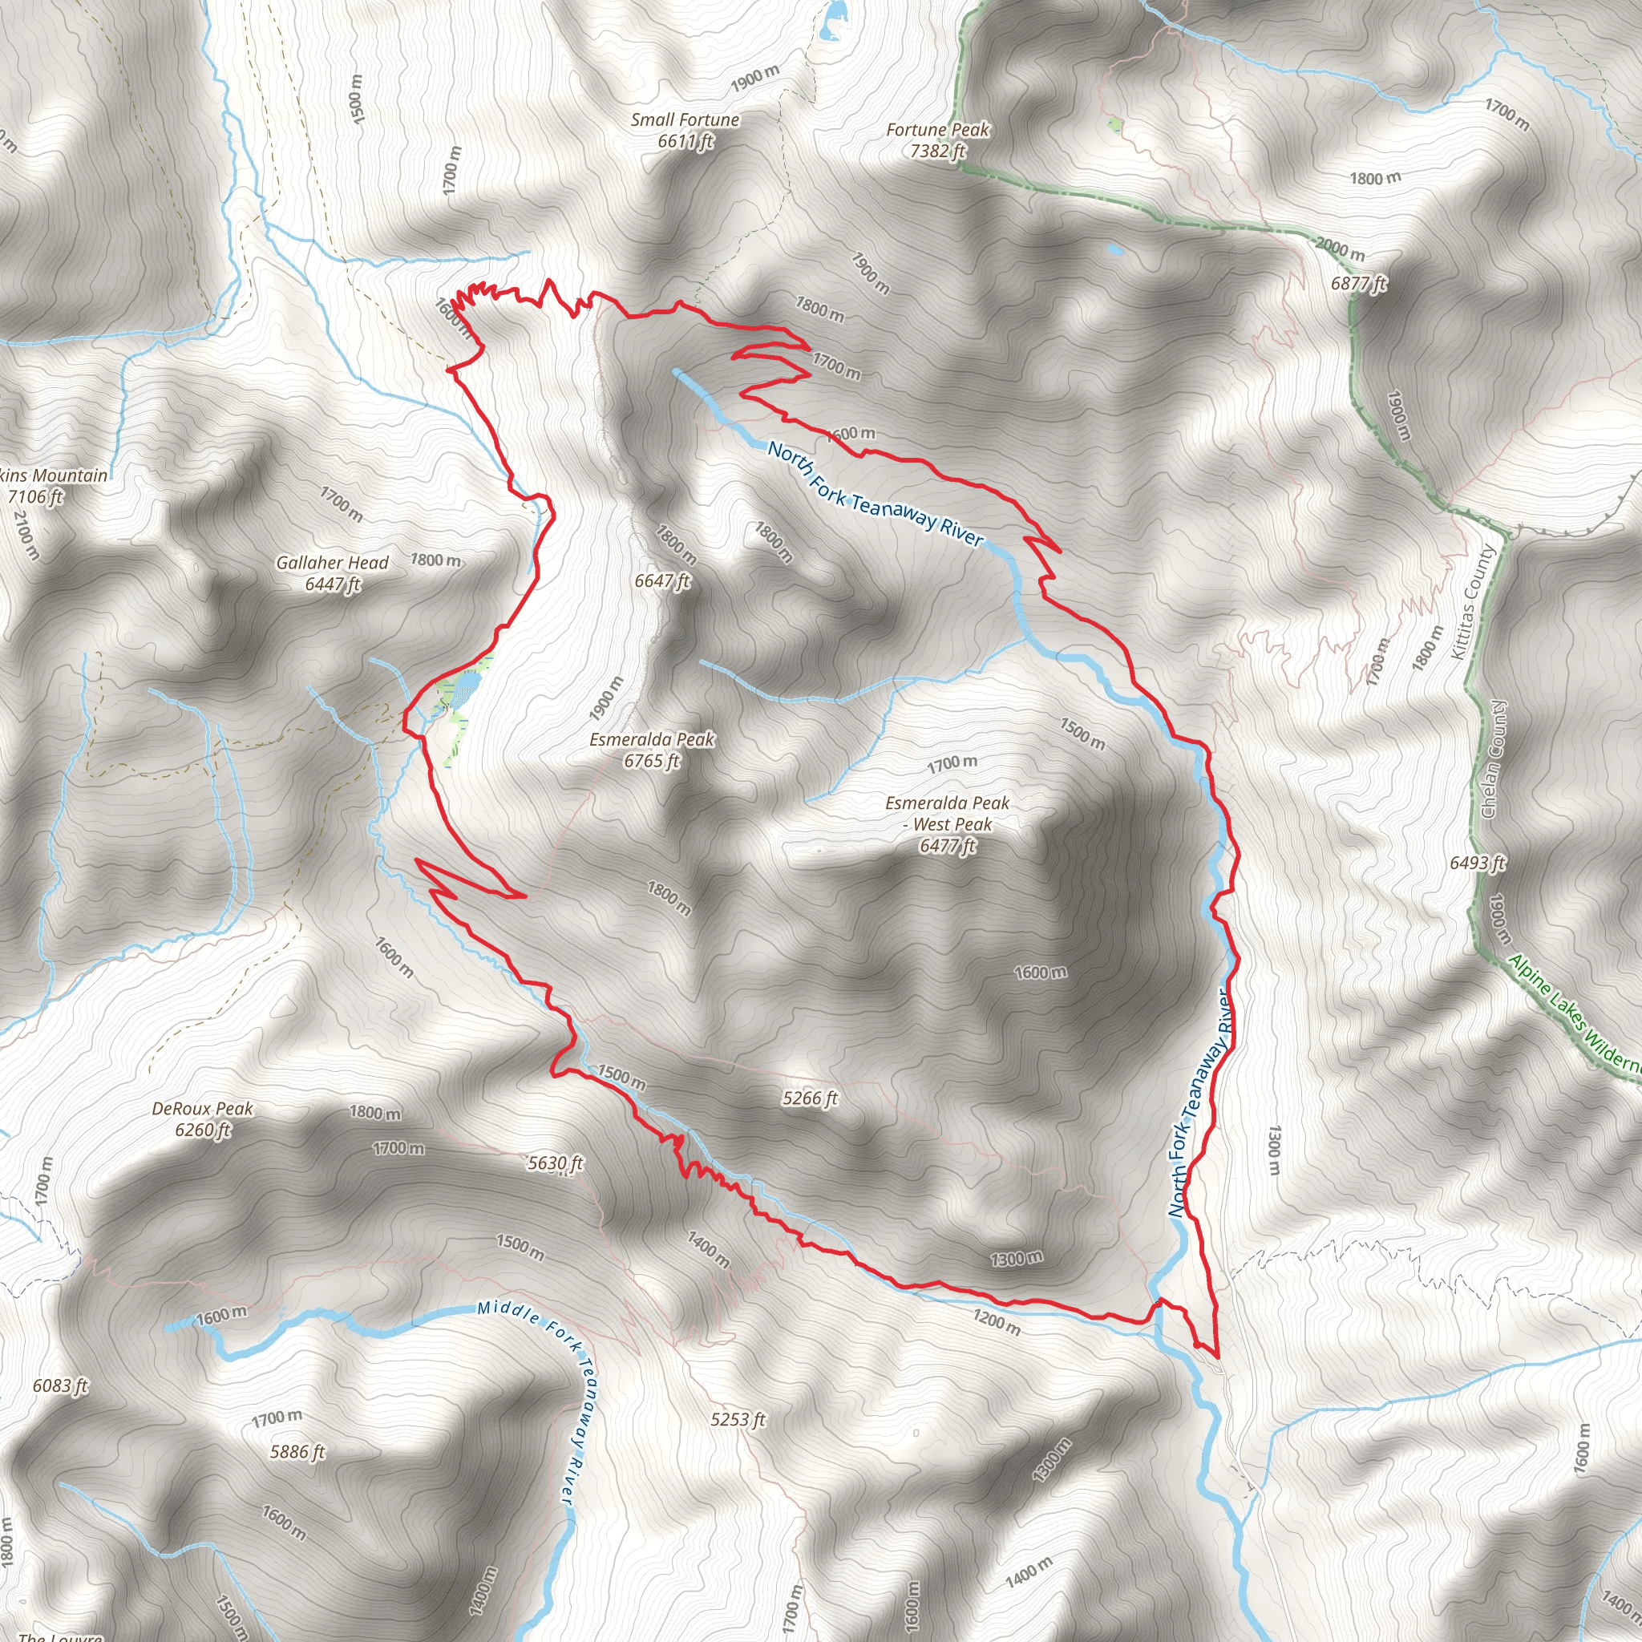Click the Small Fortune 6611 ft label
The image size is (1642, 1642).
click(x=684, y=131)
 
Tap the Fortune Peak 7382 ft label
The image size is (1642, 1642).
click(x=937, y=140)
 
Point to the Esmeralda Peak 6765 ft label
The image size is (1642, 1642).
click(x=652, y=750)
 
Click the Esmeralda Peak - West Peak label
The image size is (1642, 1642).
click(x=947, y=823)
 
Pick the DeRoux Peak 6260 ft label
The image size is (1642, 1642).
click(x=202, y=1118)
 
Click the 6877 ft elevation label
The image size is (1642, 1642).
click(x=1358, y=283)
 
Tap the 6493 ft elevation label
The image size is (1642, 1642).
click(x=1477, y=863)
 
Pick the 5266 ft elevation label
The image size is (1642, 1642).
click(x=810, y=1098)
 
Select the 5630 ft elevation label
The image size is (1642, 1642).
click(x=555, y=1163)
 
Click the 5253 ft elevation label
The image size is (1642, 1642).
click(x=738, y=1419)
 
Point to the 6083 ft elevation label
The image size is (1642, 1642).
click(x=60, y=1385)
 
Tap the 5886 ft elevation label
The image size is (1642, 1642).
click(x=297, y=1452)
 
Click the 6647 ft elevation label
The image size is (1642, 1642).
click(x=662, y=580)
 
